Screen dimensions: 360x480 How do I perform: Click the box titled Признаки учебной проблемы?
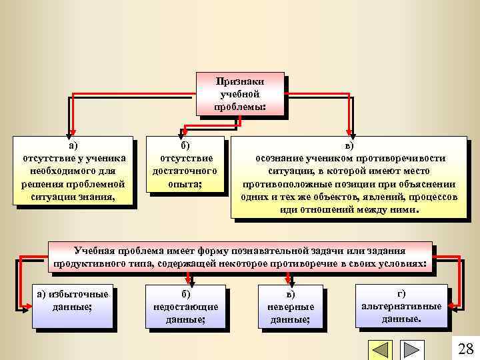(x=240, y=94)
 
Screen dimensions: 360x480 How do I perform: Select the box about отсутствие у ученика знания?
(x=73, y=171)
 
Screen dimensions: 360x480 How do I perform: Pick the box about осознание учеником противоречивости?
(x=349, y=177)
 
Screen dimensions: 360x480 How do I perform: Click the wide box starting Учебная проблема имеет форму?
(x=241, y=257)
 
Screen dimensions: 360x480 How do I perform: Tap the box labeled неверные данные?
(x=290, y=307)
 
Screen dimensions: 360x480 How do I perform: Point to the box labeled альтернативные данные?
(x=401, y=305)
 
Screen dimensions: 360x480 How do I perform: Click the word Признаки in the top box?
(x=240, y=82)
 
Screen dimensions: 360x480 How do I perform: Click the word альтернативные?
(x=401, y=306)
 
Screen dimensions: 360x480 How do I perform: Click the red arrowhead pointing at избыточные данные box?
(x=25, y=306)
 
